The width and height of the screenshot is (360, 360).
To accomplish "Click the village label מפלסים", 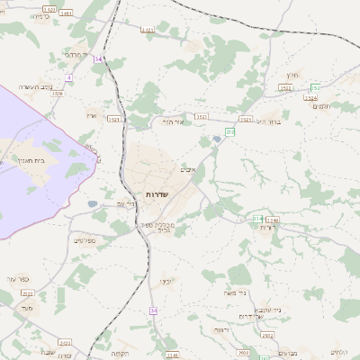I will coord(85,239).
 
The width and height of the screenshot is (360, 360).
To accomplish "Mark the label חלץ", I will coord(291,76).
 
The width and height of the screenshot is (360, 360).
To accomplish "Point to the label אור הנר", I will coord(174,120).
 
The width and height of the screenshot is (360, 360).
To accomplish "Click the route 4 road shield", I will coord(68,77).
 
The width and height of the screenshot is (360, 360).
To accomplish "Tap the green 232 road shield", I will coord(229,132).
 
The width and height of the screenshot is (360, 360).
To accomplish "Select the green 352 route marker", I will coord(315,88).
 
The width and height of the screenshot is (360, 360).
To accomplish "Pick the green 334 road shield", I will coord(257,218).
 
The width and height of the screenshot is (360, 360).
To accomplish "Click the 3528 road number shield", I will coord(58,94).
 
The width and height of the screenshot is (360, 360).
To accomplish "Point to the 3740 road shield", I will coord(273,220).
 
